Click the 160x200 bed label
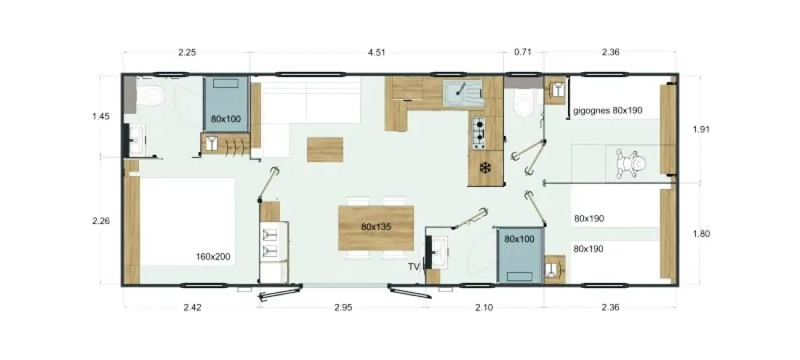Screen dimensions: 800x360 [213, 257]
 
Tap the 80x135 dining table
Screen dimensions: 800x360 [376, 228]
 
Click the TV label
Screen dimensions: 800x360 [413, 266]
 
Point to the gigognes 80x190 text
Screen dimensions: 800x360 [608, 110]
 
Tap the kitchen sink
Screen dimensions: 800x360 [463, 93]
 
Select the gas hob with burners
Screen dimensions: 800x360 [479, 132]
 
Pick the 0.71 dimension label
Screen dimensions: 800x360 [523, 52]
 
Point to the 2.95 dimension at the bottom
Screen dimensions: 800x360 [343, 308]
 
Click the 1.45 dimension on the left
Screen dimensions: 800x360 [101, 116]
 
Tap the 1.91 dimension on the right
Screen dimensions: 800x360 [701, 129]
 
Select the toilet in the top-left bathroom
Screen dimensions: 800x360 [150, 95]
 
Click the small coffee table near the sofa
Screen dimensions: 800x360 [325, 149]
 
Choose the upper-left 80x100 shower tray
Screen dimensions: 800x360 [226, 103]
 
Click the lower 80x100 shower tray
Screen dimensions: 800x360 [519, 255]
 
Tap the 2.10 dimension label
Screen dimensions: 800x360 [484, 308]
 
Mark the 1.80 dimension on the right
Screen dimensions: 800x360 [701, 233]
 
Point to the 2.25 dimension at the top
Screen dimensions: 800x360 [187, 52]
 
